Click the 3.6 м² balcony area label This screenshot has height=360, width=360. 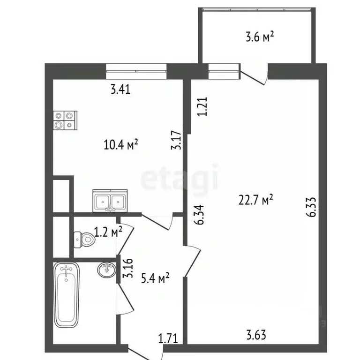(260, 37)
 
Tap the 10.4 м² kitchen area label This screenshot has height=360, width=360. (121, 144)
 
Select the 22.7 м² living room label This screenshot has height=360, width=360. (256, 199)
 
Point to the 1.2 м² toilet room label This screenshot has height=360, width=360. (108, 232)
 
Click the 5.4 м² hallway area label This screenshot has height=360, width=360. (155, 278)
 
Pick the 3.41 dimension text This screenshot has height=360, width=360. (120, 89)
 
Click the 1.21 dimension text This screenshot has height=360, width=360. (202, 106)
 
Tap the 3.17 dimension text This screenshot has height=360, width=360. (176, 140)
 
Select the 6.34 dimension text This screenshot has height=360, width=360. (199, 215)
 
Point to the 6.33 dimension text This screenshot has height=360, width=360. (311, 207)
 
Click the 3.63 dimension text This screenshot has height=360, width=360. (256, 335)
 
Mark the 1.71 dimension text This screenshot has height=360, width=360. (168, 338)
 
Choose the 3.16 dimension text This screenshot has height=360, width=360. (127, 268)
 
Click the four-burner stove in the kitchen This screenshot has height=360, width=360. (65, 120)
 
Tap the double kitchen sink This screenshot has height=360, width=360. (110, 201)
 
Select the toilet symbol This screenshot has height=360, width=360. (84, 240)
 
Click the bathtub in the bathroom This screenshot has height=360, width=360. (67, 295)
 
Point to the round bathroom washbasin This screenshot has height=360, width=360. (107, 270)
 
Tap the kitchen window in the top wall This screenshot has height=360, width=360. (136, 71)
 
